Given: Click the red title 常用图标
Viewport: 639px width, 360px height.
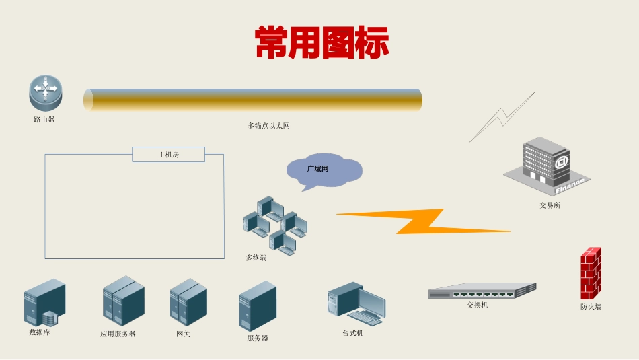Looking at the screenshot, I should pyautogui.click(x=322, y=42).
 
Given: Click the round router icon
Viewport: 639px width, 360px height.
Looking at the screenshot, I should pyautogui.click(x=45, y=93).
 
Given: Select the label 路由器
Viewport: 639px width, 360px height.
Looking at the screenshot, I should pyautogui.click(x=44, y=120).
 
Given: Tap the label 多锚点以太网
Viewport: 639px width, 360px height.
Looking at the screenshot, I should pyautogui.click(x=268, y=126).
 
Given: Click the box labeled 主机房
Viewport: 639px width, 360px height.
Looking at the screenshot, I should pyautogui.click(x=168, y=155).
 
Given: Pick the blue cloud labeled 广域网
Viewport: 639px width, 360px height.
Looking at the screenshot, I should pyautogui.click(x=323, y=170).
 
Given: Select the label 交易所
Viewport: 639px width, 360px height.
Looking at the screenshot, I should pyautogui.click(x=550, y=205).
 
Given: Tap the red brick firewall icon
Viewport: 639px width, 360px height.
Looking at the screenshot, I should pyautogui.click(x=591, y=273).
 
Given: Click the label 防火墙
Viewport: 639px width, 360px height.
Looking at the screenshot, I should pyautogui.click(x=591, y=307).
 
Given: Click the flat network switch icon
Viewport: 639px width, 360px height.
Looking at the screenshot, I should pyautogui.click(x=482, y=291).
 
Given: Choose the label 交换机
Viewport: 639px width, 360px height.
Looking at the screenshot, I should pyautogui.click(x=478, y=305).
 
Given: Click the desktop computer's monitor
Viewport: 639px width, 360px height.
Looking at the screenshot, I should pyautogui.click(x=371, y=301).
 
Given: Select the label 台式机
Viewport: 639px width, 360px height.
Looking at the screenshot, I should pyautogui.click(x=352, y=333).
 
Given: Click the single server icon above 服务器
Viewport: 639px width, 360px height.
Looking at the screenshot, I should pyautogui.click(x=258, y=305).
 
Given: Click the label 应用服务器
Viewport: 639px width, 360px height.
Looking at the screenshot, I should pyautogui.click(x=118, y=334).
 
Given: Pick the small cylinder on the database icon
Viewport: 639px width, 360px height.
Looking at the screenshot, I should pyautogui.click(x=49, y=318).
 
